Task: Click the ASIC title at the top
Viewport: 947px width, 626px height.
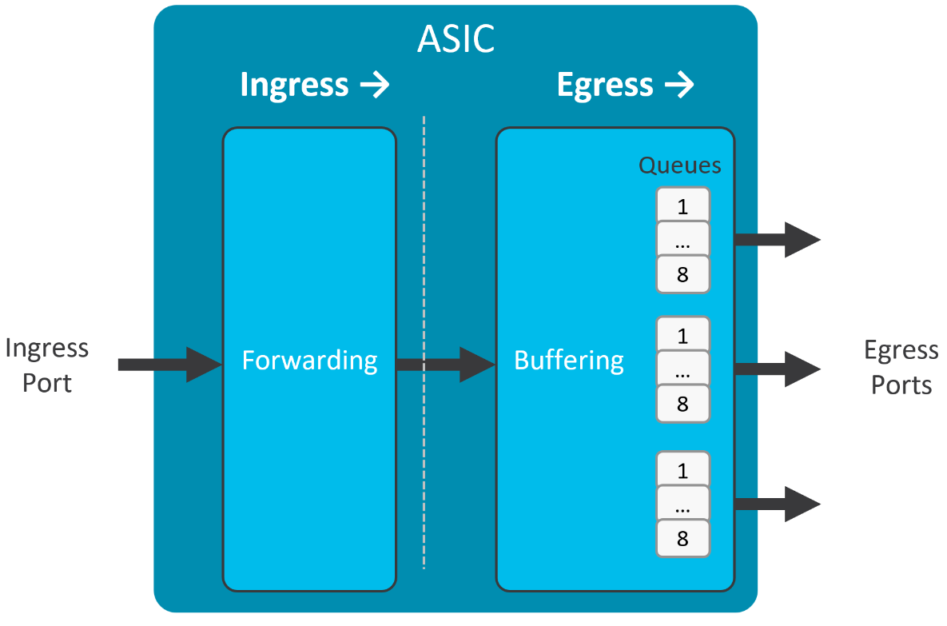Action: coord(456,38)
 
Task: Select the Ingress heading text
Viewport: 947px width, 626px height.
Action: coord(294,85)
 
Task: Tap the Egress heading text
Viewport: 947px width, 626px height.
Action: coord(605,85)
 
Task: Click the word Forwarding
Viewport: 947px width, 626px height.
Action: coord(309,361)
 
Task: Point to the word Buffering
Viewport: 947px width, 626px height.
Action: coord(568,361)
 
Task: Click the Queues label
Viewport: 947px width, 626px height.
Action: coord(679,165)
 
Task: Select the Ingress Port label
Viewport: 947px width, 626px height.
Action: coord(46,365)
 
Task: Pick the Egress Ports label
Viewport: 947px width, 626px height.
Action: coord(901,368)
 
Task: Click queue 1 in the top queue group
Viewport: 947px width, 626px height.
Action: coord(682,206)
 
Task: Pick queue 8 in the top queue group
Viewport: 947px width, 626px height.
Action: coord(682,275)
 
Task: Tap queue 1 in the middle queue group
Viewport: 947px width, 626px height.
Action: coord(682,335)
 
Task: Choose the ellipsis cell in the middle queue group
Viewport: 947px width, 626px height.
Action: coord(682,369)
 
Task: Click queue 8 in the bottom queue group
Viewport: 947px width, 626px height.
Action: coord(682,539)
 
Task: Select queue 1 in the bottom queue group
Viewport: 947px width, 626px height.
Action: coord(682,470)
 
